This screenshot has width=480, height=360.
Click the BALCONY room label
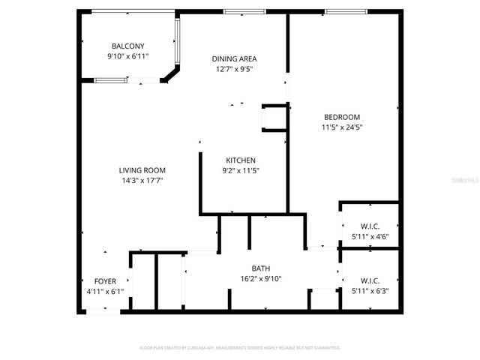[x=127, y=46]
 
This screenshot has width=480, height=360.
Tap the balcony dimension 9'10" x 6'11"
[x=127, y=56]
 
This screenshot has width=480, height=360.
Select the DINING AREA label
[x=235, y=58]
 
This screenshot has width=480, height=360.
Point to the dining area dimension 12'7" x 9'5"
[x=235, y=69]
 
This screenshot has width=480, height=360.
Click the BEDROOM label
[x=342, y=117]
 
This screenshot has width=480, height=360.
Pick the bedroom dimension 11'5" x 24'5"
[x=342, y=127]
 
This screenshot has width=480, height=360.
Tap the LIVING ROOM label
[x=142, y=170]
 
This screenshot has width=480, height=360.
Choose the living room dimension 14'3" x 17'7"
[x=142, y=181]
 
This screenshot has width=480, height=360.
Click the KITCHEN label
[x=241, y=160]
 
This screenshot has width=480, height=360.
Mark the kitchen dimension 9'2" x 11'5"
[x=241, y=170]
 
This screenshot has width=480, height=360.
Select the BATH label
[x=260, y=268]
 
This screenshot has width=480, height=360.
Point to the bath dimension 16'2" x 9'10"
[x=260, y=278]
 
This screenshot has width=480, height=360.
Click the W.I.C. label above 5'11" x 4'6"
[x=370, y=226]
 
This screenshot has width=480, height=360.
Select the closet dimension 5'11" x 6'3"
[x=370, y=291]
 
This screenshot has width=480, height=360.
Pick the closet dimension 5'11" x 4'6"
[x=370, y=236]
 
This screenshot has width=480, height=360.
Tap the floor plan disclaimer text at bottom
[x=240, y=348]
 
